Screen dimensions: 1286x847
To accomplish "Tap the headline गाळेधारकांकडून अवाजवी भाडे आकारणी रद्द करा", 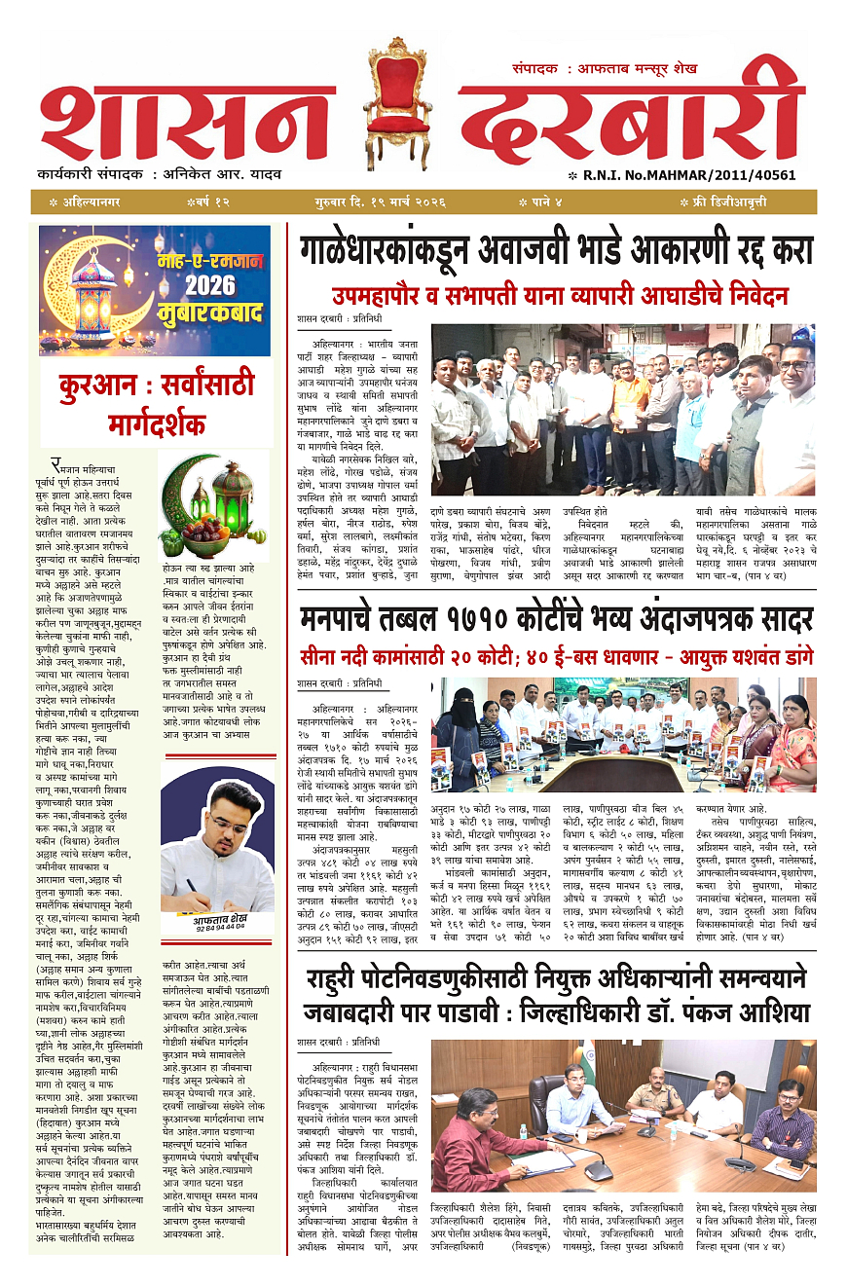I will coord(556,253).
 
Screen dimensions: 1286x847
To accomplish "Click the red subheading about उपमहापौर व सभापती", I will coord(559,296).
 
